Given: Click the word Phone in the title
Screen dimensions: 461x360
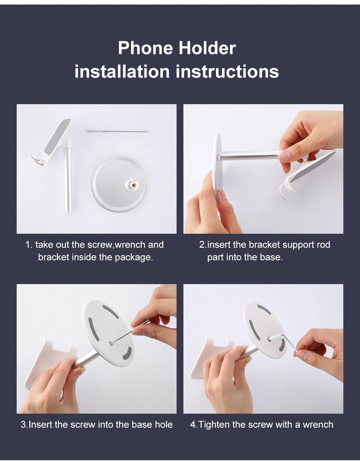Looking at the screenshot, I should [145, 48].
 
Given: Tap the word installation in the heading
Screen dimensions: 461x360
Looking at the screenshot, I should [122, 72].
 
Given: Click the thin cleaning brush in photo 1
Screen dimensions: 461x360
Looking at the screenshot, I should [117, 131].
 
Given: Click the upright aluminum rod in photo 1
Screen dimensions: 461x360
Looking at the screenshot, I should [67, 178].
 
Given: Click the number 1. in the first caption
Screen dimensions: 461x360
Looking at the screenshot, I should [29, 245].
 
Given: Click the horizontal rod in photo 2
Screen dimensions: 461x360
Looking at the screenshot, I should [250, 155].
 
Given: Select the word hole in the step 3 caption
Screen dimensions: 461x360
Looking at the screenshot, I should [164, 425].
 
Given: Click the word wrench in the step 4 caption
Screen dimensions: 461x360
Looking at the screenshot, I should [318, 425].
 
